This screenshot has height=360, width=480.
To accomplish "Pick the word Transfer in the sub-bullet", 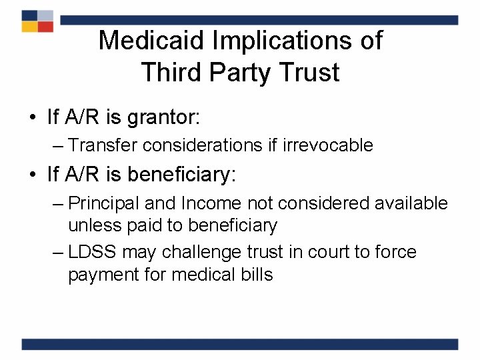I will point(97,145).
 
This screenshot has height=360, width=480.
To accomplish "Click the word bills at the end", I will point(258,275).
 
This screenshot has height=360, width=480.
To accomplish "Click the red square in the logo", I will point(45,27).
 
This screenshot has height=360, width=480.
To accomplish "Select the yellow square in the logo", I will point(29,27).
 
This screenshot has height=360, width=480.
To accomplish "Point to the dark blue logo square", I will point(29,15).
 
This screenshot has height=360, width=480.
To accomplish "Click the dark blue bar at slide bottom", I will point(240,344).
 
